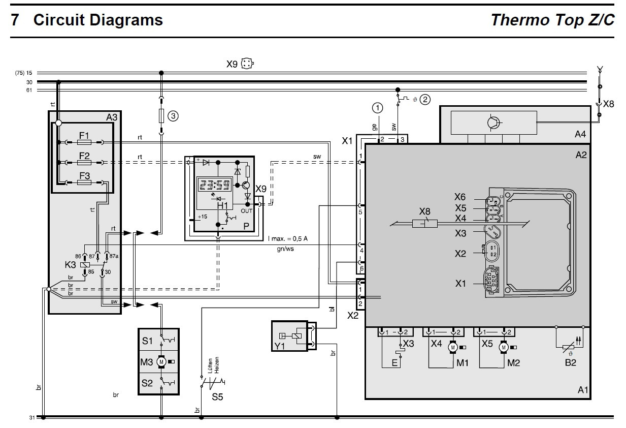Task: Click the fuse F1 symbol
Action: tap(84, 142)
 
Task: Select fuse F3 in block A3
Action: tap(84, 182)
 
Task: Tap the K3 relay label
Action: tap(71, 265)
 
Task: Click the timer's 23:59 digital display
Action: tap(214, 186)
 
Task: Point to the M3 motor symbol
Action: tap(162, 361)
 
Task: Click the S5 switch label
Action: tap(217, 397)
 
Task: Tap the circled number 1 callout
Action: tap(377, 107)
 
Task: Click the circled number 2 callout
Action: tap(424, 99)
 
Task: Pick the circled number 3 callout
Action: tap(173, 116)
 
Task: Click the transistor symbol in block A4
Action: tap(493, 122)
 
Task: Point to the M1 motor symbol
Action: tap(452, 347)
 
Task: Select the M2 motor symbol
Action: tap(503, 347)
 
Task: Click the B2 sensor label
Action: tap(570, 363)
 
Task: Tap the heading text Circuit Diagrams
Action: tap(98, 20)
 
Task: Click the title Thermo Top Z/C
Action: tap(552, 20)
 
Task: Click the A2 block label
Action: tap(580, 155)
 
